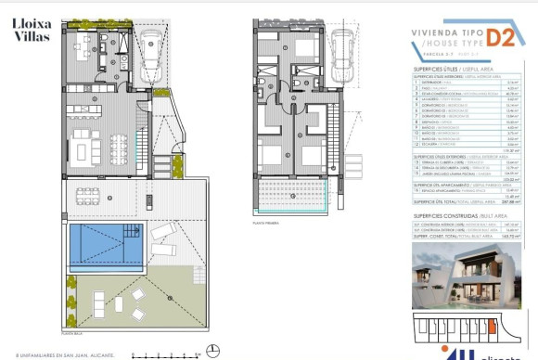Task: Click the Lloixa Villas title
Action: click(x=32, y=30)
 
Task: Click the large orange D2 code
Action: click(x=502, y=37)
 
